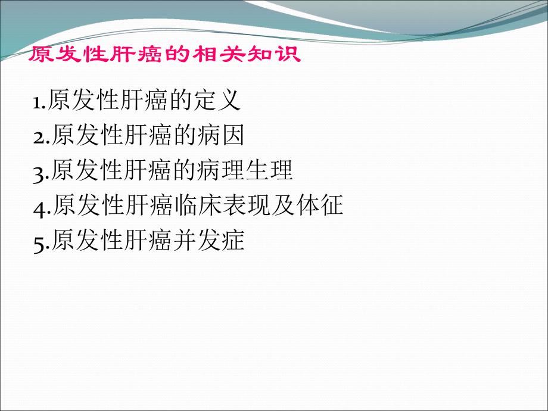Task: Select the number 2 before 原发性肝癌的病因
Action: click(41, 137)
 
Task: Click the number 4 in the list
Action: click(41, 207)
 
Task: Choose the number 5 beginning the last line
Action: click(40, 242)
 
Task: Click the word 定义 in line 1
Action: click(217, 100)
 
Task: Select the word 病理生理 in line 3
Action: click(245, 171)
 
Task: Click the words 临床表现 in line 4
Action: click(222, 206)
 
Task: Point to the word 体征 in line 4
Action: click(320, 206)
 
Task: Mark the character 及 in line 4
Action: click(282, 206)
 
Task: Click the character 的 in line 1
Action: click(181, 100)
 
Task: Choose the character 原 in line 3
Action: click(63, 171)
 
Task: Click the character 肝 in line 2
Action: click(136, 136)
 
